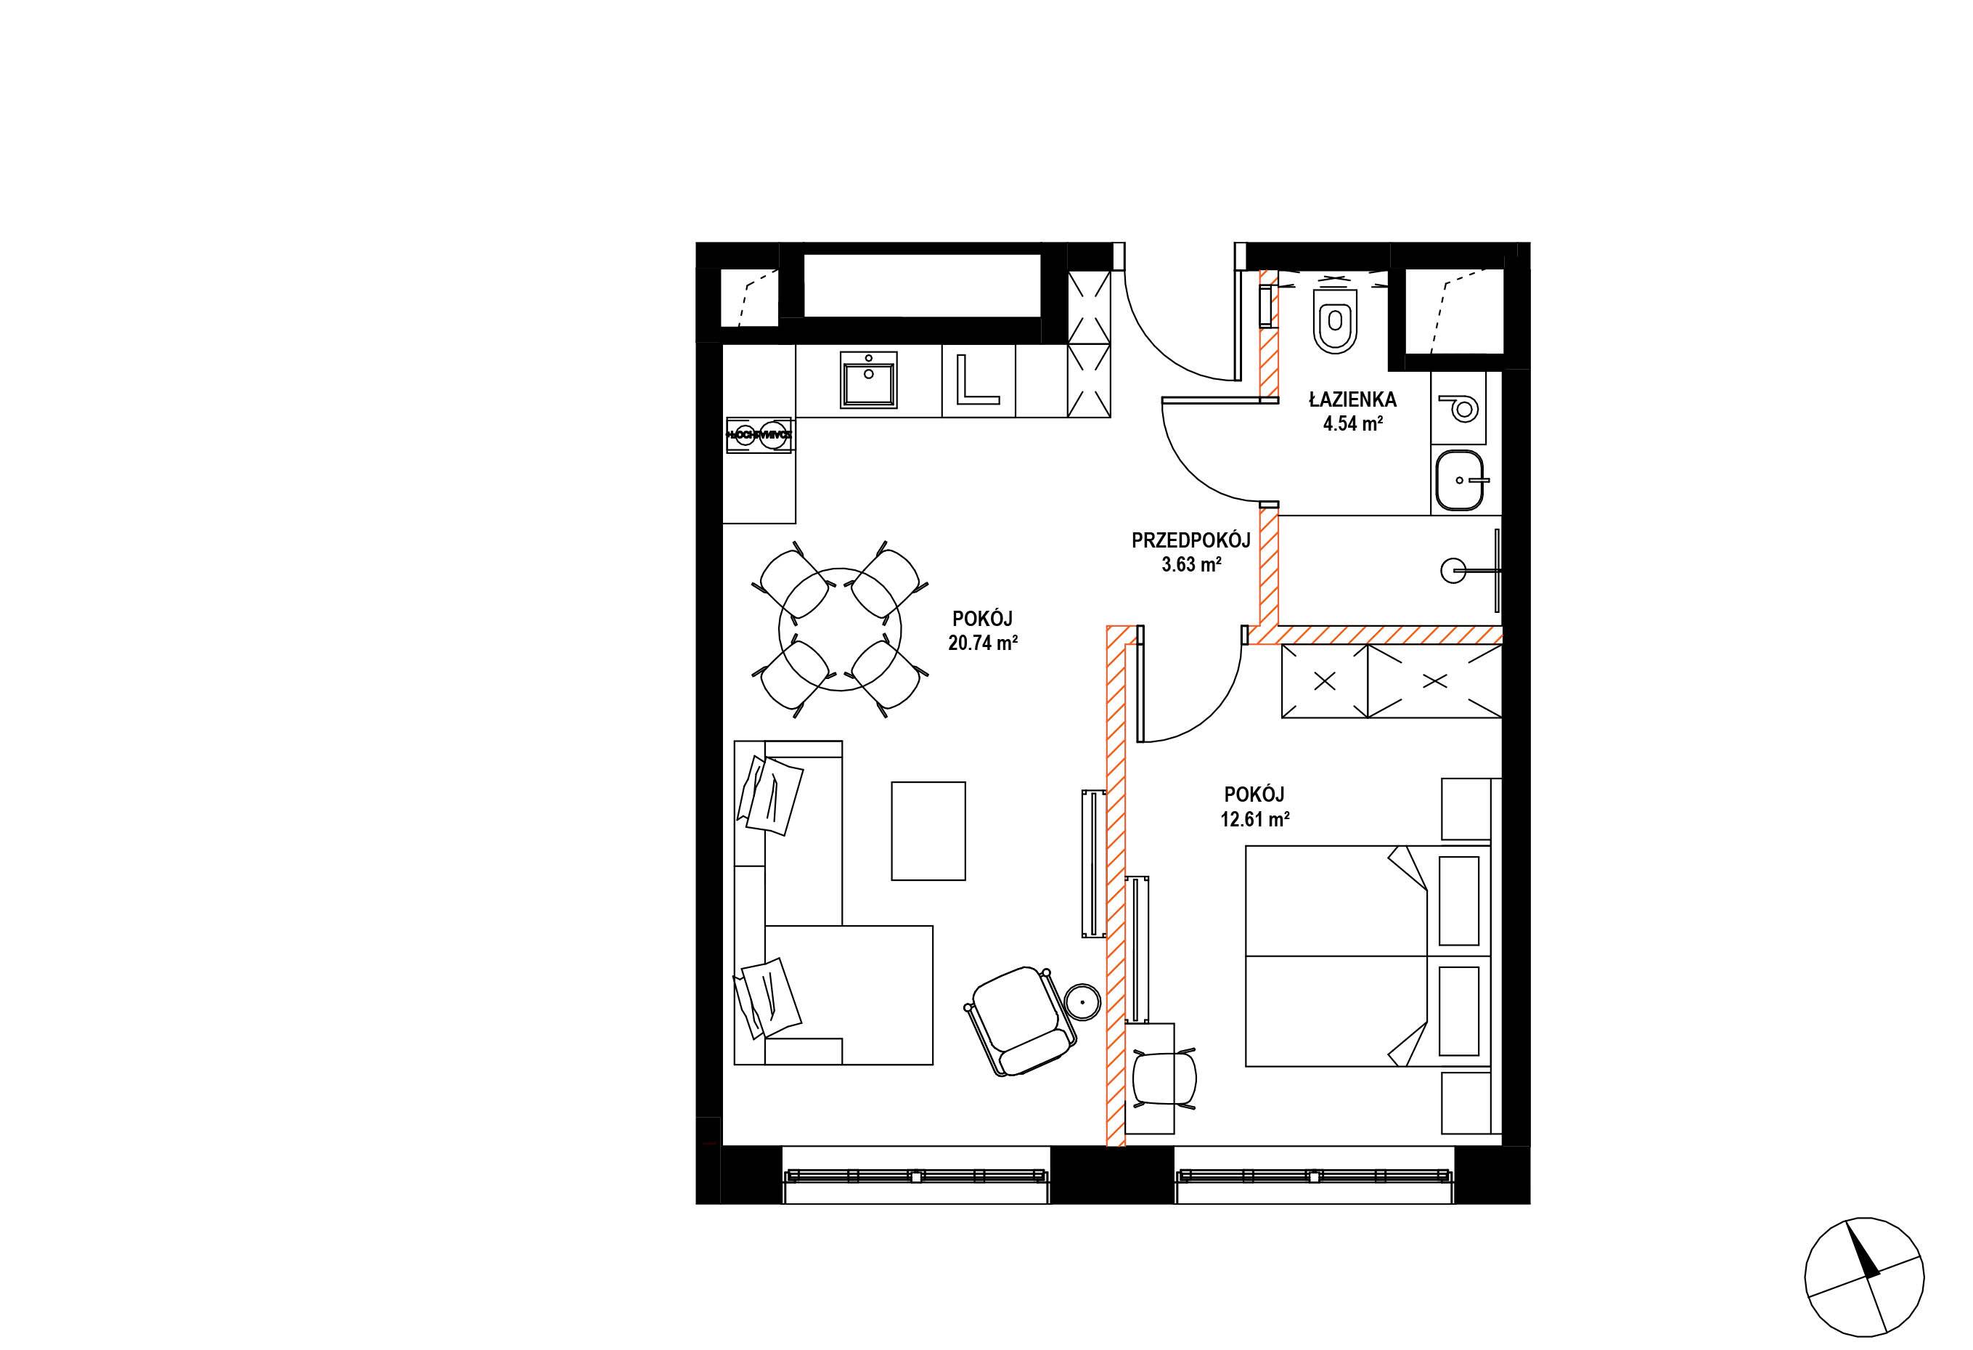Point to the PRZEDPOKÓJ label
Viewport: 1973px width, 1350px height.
point(1192,540)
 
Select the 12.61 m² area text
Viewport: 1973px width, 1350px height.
point(1256,819)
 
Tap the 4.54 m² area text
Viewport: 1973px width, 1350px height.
point(1353,423)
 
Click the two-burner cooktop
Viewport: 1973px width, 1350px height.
point(165,433)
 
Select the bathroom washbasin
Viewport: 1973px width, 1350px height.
point(1461,480)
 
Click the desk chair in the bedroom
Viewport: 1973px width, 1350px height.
point(1165,1079)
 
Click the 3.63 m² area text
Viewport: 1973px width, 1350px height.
point(1192,564)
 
